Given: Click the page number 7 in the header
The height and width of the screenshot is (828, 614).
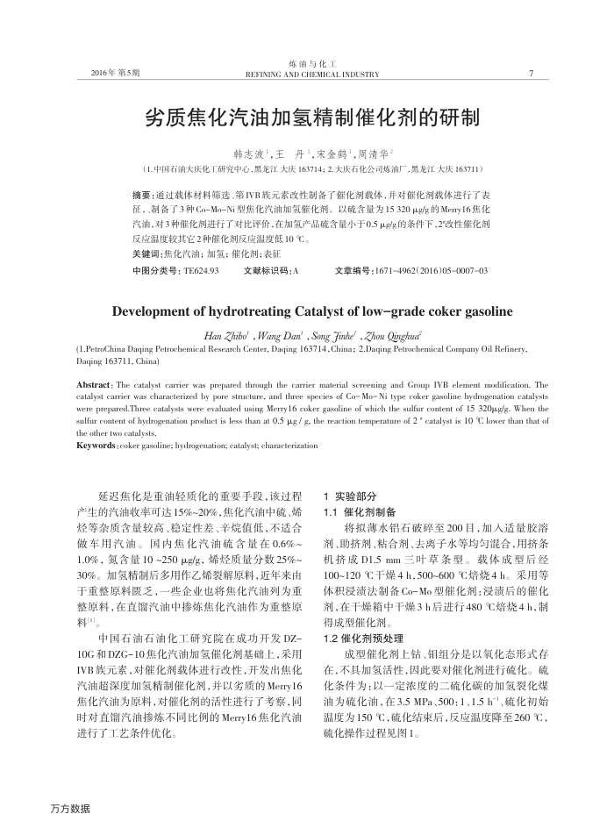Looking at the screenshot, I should (x=532, y=73).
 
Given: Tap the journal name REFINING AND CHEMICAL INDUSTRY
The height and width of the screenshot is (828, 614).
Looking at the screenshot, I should (x=311, y=75).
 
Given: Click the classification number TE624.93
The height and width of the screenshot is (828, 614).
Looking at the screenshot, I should (x=199, y=271).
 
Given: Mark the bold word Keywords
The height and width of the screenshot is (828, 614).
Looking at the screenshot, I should (x=96, y=446).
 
